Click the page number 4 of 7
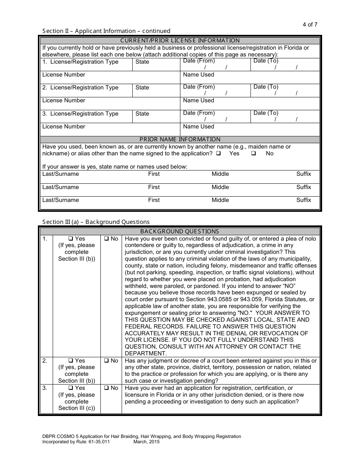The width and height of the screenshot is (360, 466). coord(310,25)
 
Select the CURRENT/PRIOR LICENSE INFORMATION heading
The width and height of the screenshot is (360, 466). coord(180,41)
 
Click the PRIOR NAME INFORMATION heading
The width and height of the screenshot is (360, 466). coord(180,139)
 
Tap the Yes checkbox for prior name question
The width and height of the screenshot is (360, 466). coord(219,153)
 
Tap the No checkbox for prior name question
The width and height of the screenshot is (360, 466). coord(254,153)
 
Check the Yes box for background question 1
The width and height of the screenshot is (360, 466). coord(70,239)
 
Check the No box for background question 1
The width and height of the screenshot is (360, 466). coord(106,239)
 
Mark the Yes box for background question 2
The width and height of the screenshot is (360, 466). coord(70,361)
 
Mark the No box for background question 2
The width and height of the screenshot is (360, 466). coord(106,361)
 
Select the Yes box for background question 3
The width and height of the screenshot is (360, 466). coord(70,388)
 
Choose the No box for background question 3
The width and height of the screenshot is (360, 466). coord(106,388)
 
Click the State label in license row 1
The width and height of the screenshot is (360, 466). coord(142,62)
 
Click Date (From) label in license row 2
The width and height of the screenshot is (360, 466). coord(199,87)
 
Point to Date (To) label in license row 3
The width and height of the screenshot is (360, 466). coord(266,113)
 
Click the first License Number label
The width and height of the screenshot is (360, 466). coord(64,75)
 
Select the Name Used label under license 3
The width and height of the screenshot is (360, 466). coord(198,127)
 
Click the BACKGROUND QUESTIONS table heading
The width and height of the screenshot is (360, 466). coord(180,231)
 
